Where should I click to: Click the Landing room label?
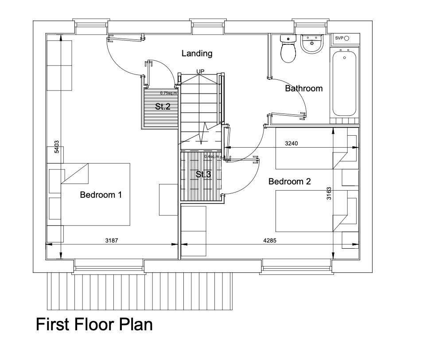[x=197, y=54]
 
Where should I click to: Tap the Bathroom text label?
[x=303, y=88]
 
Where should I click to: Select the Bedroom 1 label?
[x=101, y=195]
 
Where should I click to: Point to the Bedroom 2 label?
[x=289, y=181]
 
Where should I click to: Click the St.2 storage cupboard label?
[x=163, y=106]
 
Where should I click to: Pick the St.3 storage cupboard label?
[x=203, y=175]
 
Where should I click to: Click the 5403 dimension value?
[x=57, y=147]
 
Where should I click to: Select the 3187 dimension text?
[x=112, y=240]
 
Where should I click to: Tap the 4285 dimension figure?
[x=270, y=240]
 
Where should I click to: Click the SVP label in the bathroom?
[x=339, y=38]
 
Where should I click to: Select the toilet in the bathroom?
[x=288, y=49]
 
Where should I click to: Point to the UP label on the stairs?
[x=200, y=71]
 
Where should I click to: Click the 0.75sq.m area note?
[x=168, y=93]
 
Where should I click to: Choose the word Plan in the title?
[x=136, y=324]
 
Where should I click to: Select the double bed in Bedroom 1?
[x=95, y=194]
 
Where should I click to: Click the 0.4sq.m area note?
[x=212, y=156]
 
